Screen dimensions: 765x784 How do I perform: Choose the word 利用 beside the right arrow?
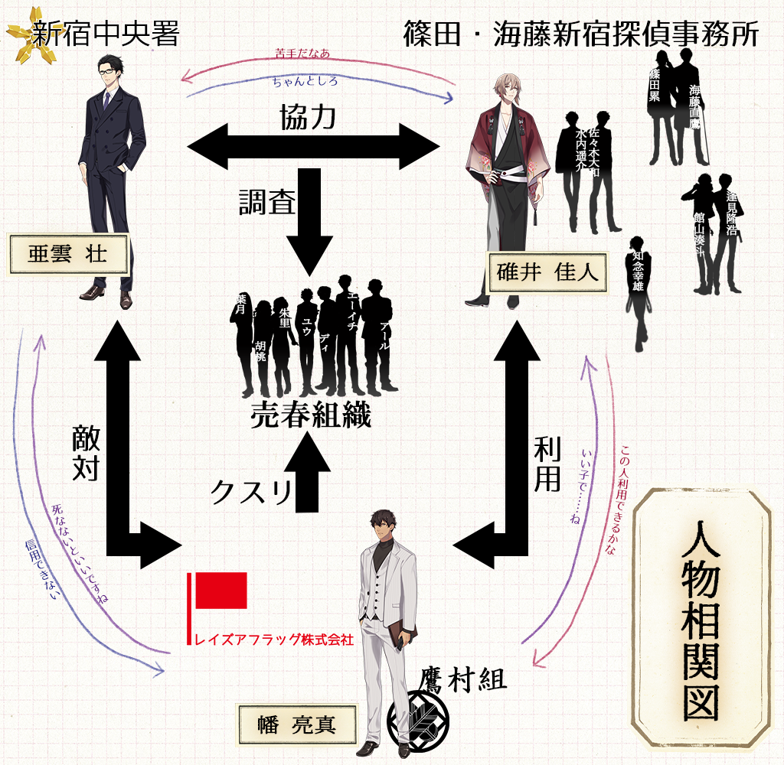pos(547,466)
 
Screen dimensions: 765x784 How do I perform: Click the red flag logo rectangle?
pos(221,590)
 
